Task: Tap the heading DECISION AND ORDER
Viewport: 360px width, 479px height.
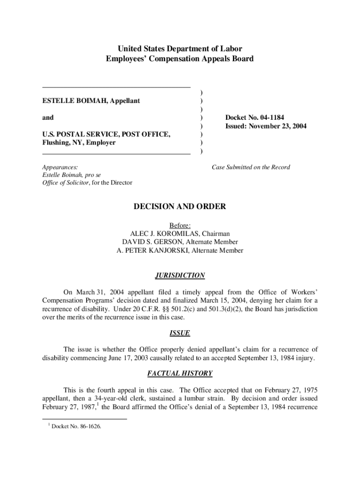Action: coord(180,207)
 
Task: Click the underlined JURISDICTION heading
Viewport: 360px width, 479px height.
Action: coord(180,276)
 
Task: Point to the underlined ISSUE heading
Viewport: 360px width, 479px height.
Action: coord(180,333)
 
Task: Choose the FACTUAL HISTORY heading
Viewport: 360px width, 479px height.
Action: coord(180,373)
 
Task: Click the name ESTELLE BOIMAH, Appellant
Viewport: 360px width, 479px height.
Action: coord(91,101)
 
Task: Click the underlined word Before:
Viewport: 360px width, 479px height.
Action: coord(180,225)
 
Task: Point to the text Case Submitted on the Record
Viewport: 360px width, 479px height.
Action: coord(251,167)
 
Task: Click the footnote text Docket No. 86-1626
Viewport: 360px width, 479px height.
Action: coord(76,426)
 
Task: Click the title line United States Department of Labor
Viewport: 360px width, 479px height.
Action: coord(180,49)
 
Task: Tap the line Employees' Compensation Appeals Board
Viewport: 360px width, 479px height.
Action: coord(180,58)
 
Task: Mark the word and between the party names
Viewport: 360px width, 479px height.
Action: coord(48,117)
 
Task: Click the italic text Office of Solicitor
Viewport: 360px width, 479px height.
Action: coord(65,182)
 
